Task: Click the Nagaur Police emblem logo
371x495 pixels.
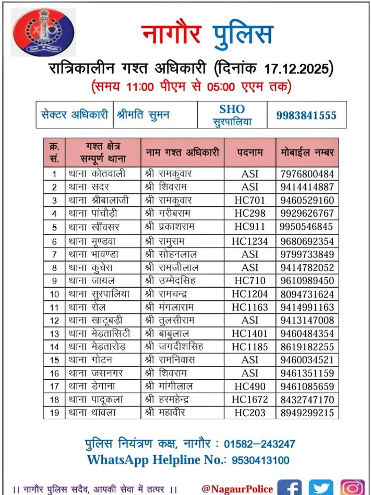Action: pyautogui.click(x=44, y=32)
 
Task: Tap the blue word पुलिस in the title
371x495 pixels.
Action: pyautogui.click(x=243, y=34)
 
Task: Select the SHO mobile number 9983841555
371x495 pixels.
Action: pyautogui.click(x=306, y=115)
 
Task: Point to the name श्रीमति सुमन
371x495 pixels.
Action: pyautogui.click(x=144, y=115)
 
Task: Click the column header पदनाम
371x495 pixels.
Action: pyautogui.click(x=250, y=153)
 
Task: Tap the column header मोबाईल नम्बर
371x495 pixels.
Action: pyautogui.click(x=307, y=153)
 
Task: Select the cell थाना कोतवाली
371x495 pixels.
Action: pyautogui.click(x=97, y=174)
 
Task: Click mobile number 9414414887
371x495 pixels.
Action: pyautogui.click(x=307, y=187)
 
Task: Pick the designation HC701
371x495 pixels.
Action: pyautogui.click(x=250, y=200)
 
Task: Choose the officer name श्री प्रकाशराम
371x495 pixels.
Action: pyautogui.click(x=170, y=227)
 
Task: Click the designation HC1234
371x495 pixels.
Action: pyautogui.click(x=250, y=241)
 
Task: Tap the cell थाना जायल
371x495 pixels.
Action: pyautogui.click(x=92, y=281)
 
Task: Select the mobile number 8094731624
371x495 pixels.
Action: pyautogui.click(x=307, y=294)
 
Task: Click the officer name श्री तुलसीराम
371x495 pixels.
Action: pyautogui.click(x=170, y=320)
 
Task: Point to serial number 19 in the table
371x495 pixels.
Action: pyautogui.click(x=54, y=413)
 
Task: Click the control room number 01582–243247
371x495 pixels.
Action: pyautogui.click(x=259, y=444)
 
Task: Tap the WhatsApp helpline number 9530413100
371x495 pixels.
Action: pyautogui.click(x=260, y=460)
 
